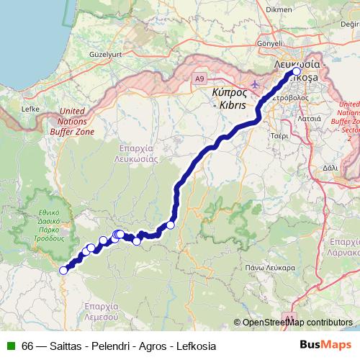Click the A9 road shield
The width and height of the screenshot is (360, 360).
pos(199,77)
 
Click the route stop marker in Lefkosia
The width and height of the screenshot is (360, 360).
pos(296,72)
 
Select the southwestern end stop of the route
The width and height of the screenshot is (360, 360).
pos(63,271)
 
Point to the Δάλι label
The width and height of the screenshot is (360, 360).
pos(330,166)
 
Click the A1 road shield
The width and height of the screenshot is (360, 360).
pos(289,317)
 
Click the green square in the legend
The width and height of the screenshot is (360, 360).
pos(9,346)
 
